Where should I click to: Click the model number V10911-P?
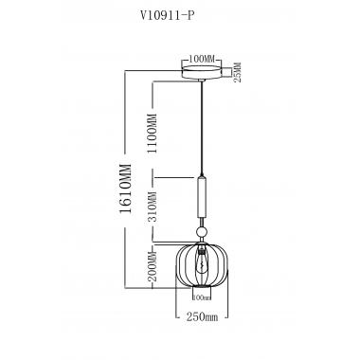coord(181,16)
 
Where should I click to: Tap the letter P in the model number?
coord(205,16)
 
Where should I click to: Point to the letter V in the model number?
coord(156,16)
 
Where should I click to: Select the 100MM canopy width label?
coord(201,59)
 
